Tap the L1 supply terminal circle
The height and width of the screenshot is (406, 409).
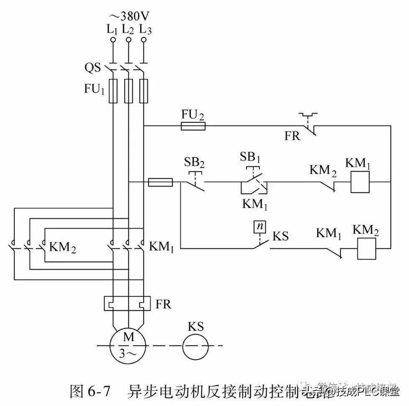[112, 40]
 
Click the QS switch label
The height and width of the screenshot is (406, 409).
[92, 67]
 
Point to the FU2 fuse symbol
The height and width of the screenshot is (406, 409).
[193, 126]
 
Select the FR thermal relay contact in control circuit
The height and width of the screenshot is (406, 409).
[309, 125]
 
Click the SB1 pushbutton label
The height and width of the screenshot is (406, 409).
[250, 157]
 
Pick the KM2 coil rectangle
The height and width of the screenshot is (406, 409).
[366, 249]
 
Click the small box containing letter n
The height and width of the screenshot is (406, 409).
[260, 226]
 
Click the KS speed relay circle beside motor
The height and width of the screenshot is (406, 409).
[195, 346]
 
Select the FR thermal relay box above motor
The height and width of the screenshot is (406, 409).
[127, 303]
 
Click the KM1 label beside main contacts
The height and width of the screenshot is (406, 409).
[161, 247]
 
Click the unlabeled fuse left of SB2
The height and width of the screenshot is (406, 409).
[161, 182]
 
